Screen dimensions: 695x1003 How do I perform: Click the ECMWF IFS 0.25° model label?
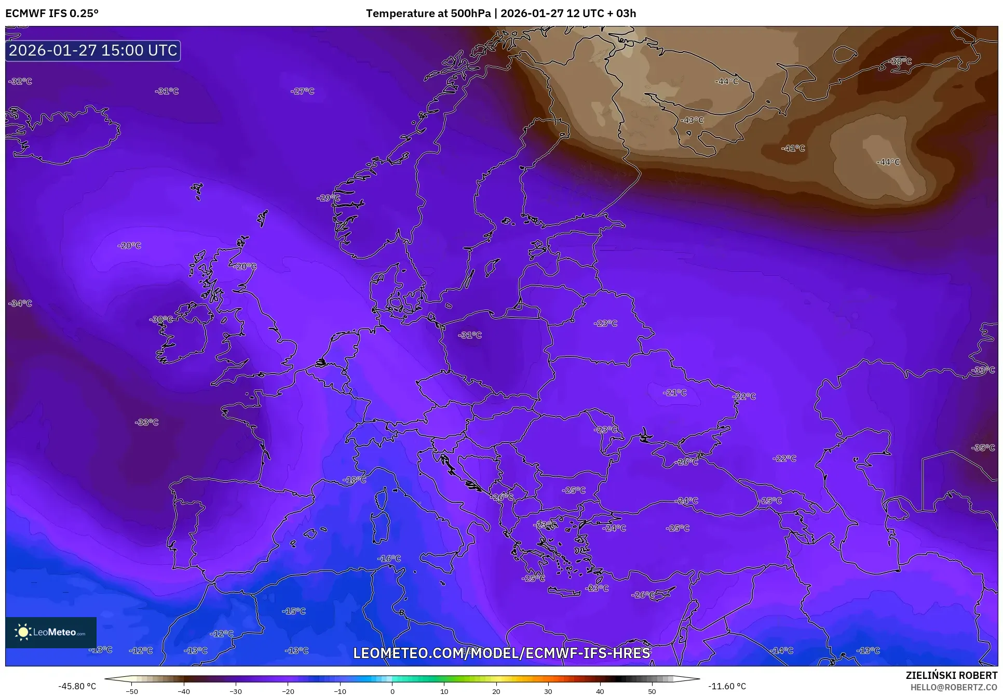pos(52,13)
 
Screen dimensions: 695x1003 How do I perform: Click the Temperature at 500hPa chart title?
pos(500,13)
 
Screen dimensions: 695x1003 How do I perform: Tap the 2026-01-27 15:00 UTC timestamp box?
pos(93,50)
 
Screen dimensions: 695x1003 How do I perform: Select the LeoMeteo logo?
pos(51,632)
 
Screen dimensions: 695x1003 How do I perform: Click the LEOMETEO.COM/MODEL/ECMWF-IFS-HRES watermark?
pos(501,653)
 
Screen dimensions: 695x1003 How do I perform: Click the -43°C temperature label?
pos(692,120)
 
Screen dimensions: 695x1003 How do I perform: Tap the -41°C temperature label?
pos(793,148)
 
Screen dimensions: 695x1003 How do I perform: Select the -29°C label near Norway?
pos(328,198)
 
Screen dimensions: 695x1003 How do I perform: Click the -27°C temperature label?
pos(303,91)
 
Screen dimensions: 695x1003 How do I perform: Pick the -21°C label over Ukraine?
pos(674,393)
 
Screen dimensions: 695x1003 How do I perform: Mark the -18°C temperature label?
pos(354,479)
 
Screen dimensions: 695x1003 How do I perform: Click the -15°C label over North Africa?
pos(293,611)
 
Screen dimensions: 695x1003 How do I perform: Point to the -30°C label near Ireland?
pos(161,319)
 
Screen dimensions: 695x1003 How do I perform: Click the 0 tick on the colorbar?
pos(392,691)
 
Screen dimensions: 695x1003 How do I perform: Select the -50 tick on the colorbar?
pos(132,691)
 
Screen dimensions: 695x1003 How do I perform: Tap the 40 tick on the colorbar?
pos(600,691)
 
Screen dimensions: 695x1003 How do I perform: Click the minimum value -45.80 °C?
pos(77,686)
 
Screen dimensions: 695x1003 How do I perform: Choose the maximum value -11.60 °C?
pos(727,686)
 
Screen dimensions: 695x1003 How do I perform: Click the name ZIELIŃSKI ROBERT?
pos(951,675)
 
